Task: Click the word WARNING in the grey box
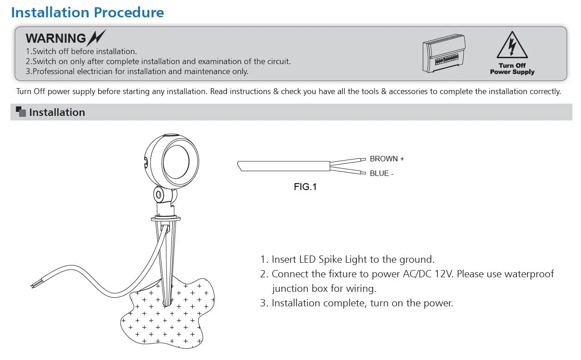click(55, 39)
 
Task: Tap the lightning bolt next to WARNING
click(97, 37)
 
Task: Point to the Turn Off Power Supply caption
click(512, 69)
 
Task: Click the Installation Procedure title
click(87, 12)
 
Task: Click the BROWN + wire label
click(386, 159)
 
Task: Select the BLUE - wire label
click(381, 173)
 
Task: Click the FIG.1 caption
click(305, 187)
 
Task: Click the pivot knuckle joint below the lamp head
click(160, 195)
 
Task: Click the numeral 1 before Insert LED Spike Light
click(262, 260)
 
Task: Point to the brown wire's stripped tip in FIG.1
click(363, 160)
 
